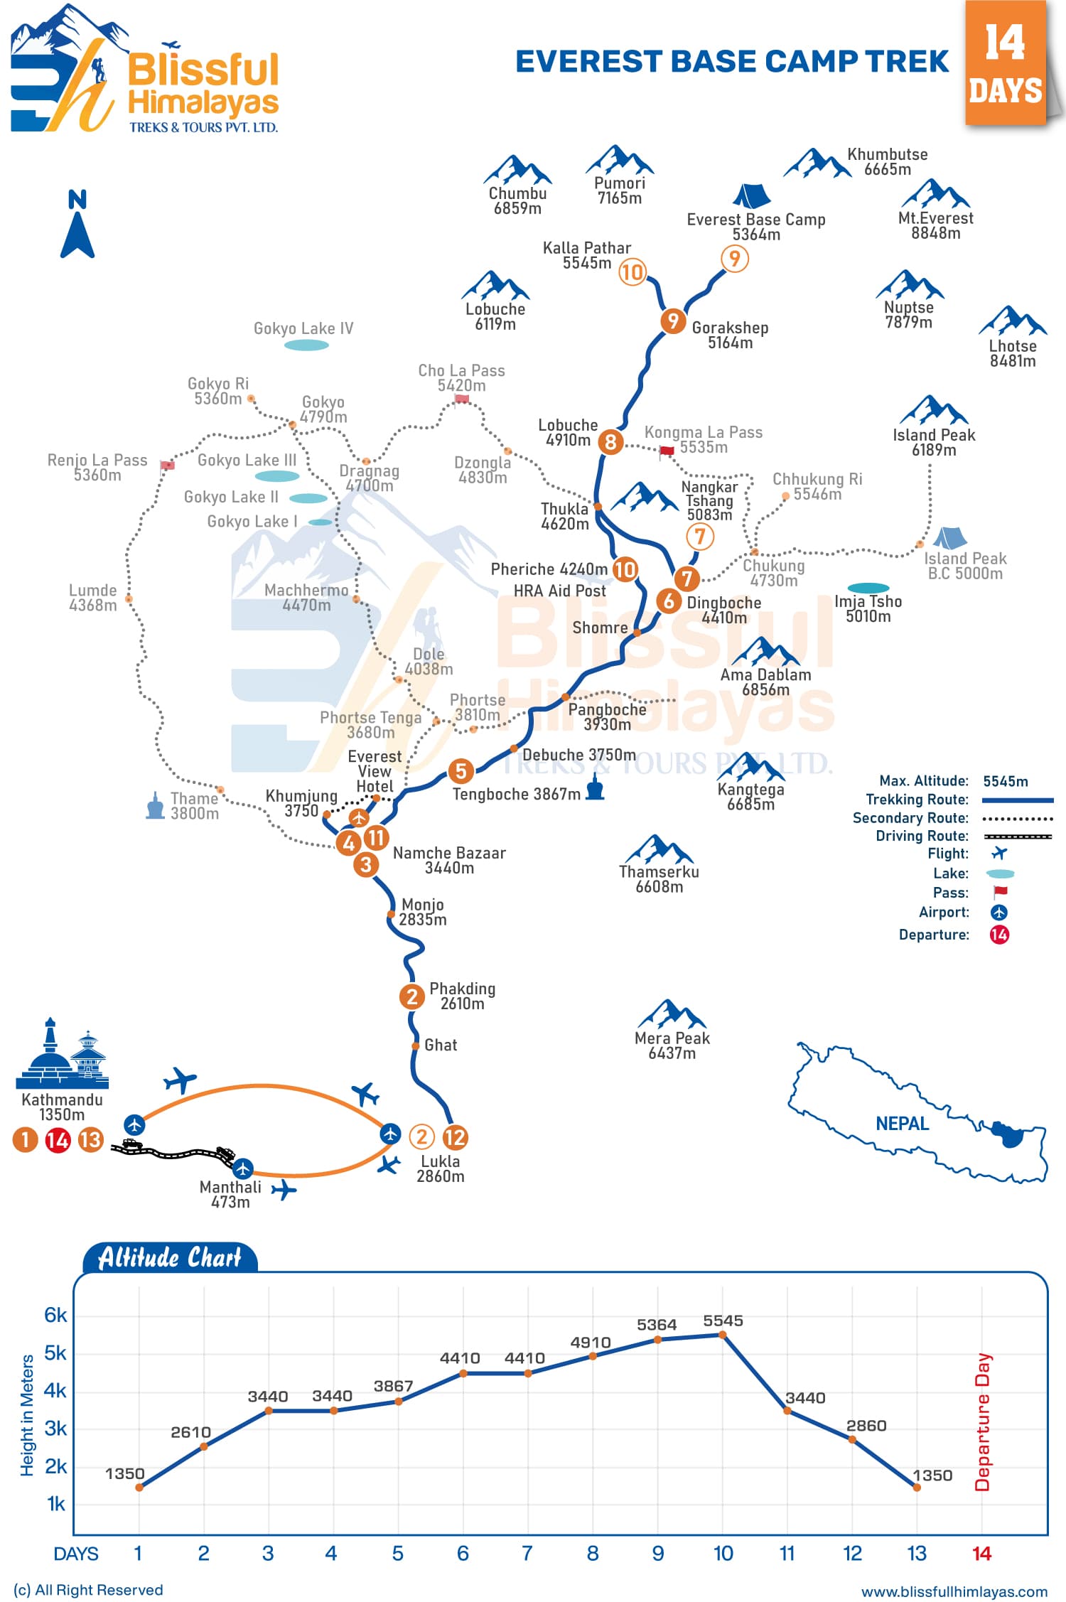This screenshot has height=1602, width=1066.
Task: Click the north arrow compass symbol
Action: pyautogui.click(x=77, y=224)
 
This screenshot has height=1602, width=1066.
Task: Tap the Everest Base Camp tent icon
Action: pyautogui.click(x=751, y=196)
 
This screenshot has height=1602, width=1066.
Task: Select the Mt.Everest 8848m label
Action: pyautogui.click(x=935, y=225)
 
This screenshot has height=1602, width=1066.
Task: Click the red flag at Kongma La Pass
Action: pyautogui.click(x=667, y=451)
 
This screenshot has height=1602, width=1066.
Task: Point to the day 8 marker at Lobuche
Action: pyautogui.click(x=610, y=442)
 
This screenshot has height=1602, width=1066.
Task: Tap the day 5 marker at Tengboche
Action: pyautogui.click(x=461, y=770)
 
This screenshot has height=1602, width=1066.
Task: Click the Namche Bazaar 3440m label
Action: pyautogui.click(x=449, y=860)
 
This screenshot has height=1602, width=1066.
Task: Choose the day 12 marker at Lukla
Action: pyautogui.click(x=455, y=1137)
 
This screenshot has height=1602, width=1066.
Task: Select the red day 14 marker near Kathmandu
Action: pyautogui.click(x=58, y=1141)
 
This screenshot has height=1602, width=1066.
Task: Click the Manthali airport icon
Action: pyautogui.click(x=243, y=1168)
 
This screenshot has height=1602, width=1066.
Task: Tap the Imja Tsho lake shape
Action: pyautogui.click(x=868, y=588)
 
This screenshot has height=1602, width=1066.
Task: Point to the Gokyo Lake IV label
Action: pyautogui.click(x=303, y=328)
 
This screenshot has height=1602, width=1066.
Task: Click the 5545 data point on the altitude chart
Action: pyautogui.click(x=723, y=1335)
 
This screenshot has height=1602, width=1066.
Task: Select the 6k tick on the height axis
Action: pyautogui.click(x=55, y=1315)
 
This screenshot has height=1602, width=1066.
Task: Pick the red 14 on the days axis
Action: pyautogui.click(x=981, y=1554)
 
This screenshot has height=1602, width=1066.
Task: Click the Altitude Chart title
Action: pyautogui.click(x=170, y=1258)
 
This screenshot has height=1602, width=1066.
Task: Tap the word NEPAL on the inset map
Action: pyautogui.click(x=902, y=1124)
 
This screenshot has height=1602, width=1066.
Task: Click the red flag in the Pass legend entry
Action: pyautogui.click(x=1001, y=892)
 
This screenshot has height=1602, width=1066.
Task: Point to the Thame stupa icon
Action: pyautogui.click(x=155, y=805)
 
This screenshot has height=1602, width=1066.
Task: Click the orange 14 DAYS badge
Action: pyautogui.click(x=1006, y=64)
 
